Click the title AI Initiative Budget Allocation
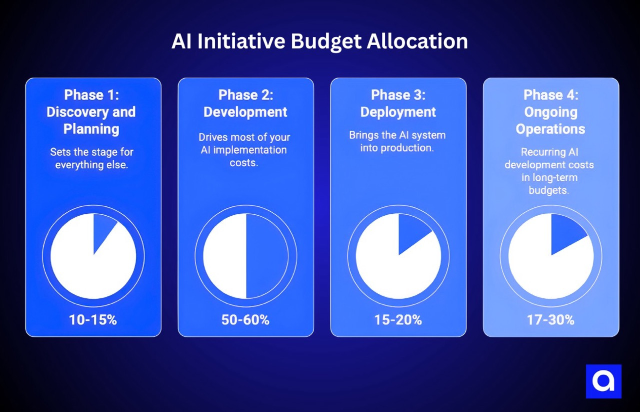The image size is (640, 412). (319, 42)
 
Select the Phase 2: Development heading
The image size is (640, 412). (245, 103)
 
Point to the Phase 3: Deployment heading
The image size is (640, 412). (398, 103)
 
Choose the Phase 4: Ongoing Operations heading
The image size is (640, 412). (550, 112)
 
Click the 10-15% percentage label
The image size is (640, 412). (93, 320)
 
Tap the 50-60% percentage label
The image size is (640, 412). (245, 320)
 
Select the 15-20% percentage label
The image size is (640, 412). (398, 320)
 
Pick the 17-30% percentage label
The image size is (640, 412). (550, 320)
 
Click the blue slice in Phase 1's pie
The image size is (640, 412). (103, 230)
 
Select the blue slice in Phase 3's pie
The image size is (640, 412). (411, 231)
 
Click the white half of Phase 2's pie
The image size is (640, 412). (225, 256)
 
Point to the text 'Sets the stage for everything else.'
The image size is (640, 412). (91, 158)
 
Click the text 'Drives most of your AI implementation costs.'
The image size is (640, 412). (244, 150)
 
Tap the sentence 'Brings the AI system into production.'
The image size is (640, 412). (397, 141)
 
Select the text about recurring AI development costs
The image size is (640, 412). (549, 171)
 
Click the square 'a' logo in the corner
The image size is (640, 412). (603, 381)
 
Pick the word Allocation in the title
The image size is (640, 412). (417, 42)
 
